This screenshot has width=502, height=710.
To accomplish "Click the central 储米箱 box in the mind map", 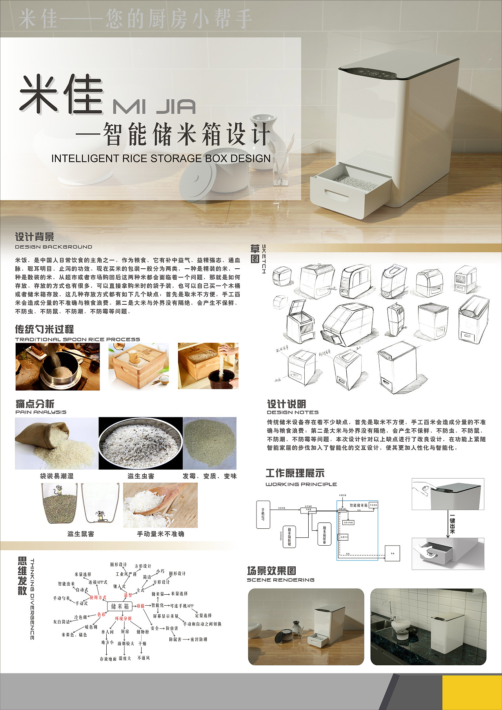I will click(x=120, y=606).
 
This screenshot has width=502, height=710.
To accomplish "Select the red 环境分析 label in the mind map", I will click(x=123, y=619).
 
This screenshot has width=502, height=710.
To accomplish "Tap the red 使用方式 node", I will click(x=98, y=597).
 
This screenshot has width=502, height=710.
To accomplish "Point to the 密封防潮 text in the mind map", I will click(x=199, y=639).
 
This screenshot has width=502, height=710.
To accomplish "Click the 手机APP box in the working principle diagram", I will click(x=263, y=514).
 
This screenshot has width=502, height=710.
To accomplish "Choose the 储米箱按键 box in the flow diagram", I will click(x=289, y=537).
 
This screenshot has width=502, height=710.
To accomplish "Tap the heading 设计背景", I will click(x=35, y=237).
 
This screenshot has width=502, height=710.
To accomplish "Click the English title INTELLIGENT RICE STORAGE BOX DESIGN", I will click(x=161, y=158).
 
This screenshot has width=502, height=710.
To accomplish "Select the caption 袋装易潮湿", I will click(x=56, y=476).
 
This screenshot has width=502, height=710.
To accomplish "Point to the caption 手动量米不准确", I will click(x=160, y=534).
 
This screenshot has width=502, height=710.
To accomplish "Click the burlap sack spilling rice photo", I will click(x=56, y=443).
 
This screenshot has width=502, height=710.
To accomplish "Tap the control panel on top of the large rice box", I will click(x=373, y=72).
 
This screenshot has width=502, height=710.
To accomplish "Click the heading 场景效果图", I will click(x=271, y=571).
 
